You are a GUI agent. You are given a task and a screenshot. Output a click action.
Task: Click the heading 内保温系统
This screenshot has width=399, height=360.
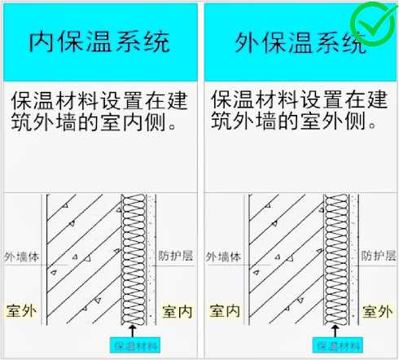99,42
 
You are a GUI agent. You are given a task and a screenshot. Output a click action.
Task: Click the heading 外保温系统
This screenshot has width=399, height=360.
300,42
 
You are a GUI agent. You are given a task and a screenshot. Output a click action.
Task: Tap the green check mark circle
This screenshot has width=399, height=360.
375,24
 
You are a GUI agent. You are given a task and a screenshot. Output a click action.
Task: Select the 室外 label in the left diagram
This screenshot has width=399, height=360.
21,311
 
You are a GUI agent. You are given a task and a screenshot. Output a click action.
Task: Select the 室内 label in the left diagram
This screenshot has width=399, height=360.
178,311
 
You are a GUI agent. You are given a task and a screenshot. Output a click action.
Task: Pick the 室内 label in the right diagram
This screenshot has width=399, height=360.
225,311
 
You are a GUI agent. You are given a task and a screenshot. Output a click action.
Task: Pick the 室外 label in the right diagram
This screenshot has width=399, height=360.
378,311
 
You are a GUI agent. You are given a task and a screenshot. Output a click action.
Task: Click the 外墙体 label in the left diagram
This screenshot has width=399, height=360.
22,257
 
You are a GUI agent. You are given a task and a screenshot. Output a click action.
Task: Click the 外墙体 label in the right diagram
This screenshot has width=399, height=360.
223,257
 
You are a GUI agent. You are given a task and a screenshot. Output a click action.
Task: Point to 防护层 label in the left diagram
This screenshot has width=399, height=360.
176,256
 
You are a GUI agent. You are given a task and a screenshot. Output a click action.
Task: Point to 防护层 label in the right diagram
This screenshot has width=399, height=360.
379,256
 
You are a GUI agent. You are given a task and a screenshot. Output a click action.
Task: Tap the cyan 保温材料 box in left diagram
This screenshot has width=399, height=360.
135,345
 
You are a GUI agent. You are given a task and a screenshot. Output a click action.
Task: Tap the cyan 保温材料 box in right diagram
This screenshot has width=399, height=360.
338,345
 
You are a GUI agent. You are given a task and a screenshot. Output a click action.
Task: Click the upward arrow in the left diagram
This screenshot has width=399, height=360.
133,331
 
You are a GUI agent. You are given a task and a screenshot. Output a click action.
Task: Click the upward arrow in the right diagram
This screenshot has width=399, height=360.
335,331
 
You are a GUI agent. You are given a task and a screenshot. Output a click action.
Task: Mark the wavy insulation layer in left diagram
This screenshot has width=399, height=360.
134,260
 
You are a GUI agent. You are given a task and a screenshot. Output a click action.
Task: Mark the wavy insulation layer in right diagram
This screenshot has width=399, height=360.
336,260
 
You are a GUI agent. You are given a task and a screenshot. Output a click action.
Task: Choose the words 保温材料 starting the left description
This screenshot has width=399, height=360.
55,100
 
